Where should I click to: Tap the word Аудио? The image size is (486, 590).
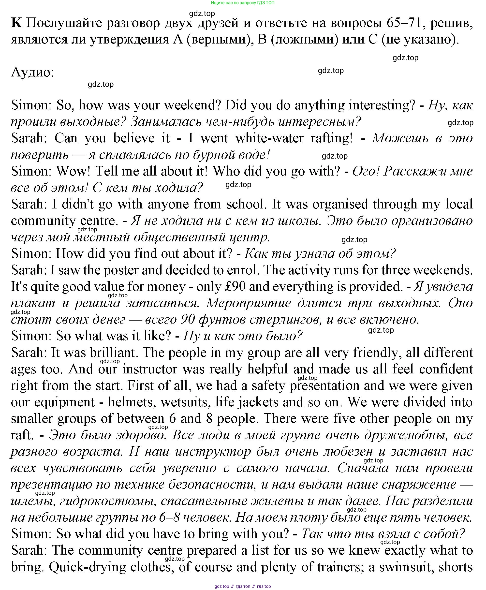pos(32,73)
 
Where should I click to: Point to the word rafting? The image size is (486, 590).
pos(331,138)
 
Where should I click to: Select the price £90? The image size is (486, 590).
pos(235,287)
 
